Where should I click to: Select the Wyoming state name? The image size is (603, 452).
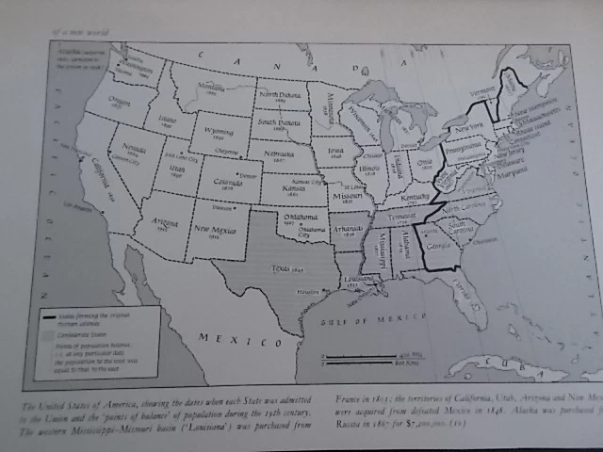218,132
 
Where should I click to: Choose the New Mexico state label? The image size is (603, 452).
215,228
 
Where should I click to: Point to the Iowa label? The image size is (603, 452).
336,149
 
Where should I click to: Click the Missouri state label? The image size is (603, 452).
350,198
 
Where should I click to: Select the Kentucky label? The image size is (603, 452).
415,198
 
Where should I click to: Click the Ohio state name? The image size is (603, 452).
425,162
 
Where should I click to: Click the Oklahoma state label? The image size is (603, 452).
294,217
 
